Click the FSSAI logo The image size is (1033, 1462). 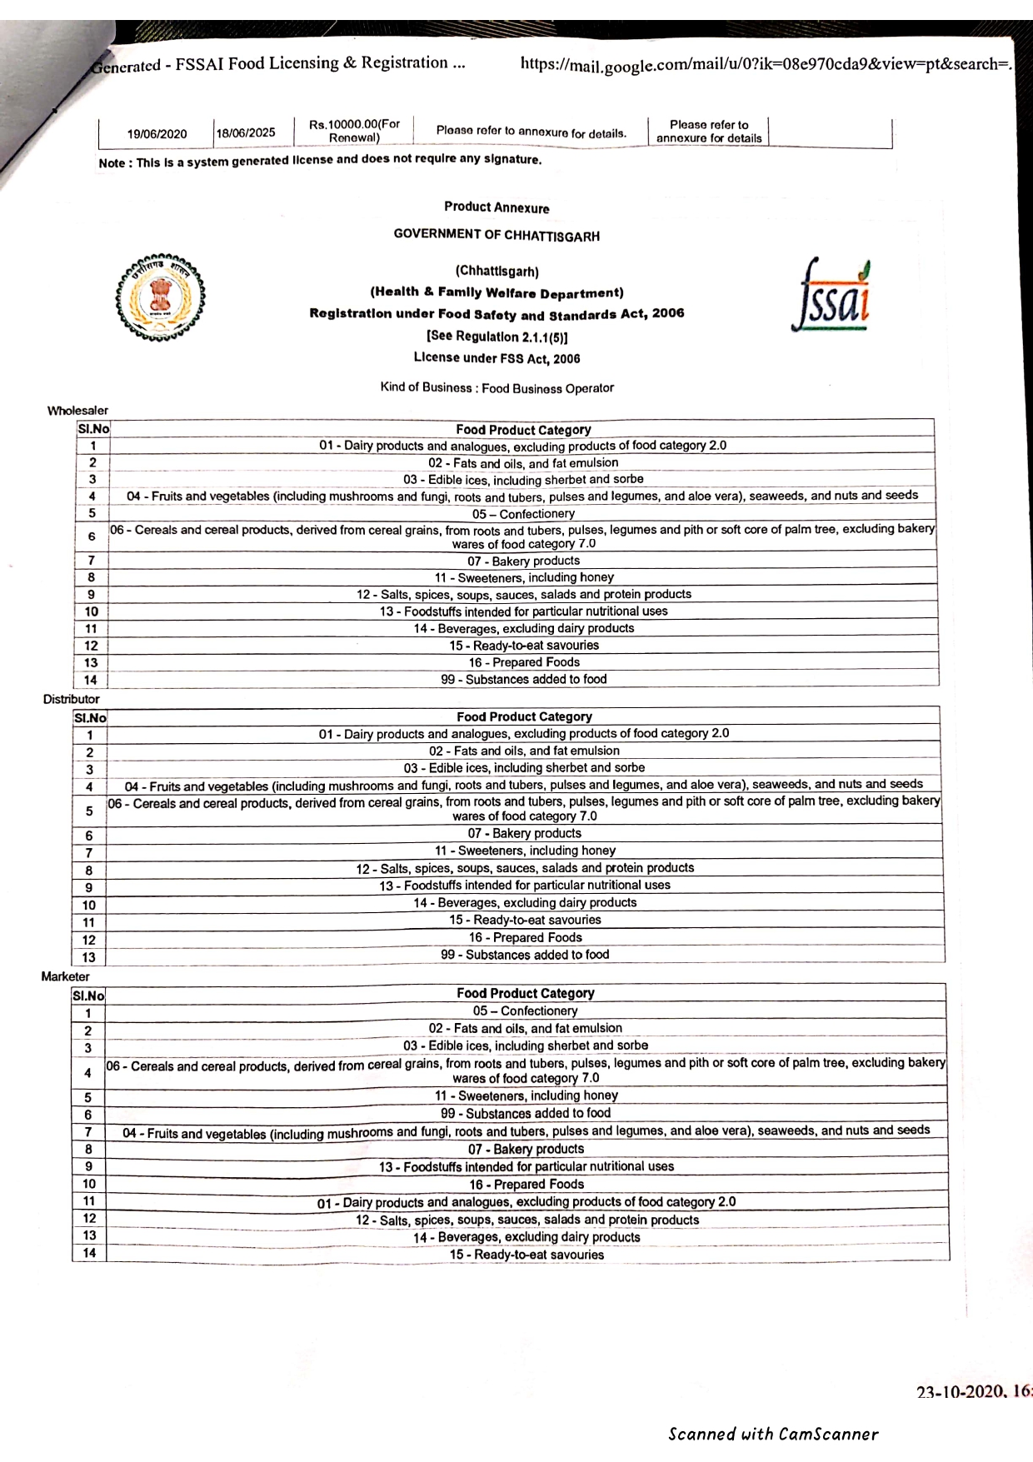(831, 297)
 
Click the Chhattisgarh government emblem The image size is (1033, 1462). (161, 298)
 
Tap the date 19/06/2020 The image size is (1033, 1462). (157, 134)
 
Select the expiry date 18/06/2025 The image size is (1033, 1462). (246, 133)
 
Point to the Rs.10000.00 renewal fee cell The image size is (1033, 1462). (354, 131)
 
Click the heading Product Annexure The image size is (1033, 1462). (497, 207)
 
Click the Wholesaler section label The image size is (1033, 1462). (77, 411)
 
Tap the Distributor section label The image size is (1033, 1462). (71, 699)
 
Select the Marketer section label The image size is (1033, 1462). (65, 976)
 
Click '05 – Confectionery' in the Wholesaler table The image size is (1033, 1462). (523, 514)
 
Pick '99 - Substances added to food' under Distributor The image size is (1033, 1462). (525, 955)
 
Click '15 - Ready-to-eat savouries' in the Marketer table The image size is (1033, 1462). (526, 1255)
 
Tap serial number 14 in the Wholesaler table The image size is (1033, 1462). (91, 680)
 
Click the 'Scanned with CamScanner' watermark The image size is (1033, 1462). (773, 1434)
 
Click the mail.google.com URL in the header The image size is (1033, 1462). (765, 64)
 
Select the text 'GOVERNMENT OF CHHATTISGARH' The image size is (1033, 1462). (497, 236)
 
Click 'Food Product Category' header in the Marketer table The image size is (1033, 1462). (525, 993)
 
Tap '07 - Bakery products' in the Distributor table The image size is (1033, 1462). (524, 833)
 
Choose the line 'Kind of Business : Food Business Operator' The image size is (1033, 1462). (497, 388)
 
